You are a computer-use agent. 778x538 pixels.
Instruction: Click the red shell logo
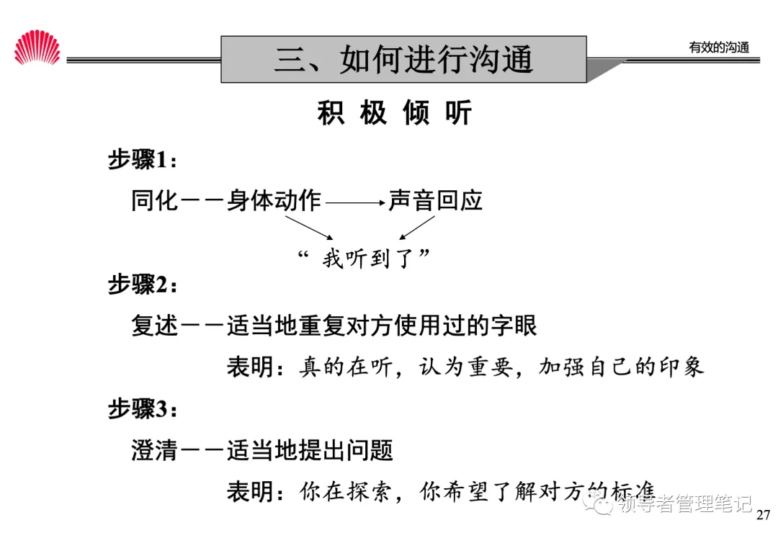point(37,48)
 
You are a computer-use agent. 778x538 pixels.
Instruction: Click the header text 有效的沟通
point(718,48)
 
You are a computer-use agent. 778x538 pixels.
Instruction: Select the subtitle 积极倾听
point(394,113)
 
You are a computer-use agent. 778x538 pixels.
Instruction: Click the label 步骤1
point(141,160)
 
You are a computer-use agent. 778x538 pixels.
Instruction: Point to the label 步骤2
point(141,284)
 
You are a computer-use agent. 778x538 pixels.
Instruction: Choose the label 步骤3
point(141,410)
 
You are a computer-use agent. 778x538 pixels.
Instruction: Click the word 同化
point(154,200)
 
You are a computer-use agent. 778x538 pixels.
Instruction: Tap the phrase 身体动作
point(274,200)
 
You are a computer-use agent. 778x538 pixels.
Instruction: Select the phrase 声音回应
point(435,200)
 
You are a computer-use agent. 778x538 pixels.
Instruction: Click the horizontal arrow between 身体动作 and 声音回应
point(355,204)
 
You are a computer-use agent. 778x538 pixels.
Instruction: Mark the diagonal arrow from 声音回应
point(417,227)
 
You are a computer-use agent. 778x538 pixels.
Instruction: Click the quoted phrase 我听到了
point(368,258)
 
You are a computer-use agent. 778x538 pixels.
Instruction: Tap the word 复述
point(154,326)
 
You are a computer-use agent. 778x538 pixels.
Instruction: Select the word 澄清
point(154,452)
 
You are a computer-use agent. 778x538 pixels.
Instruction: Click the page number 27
point(764,515)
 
